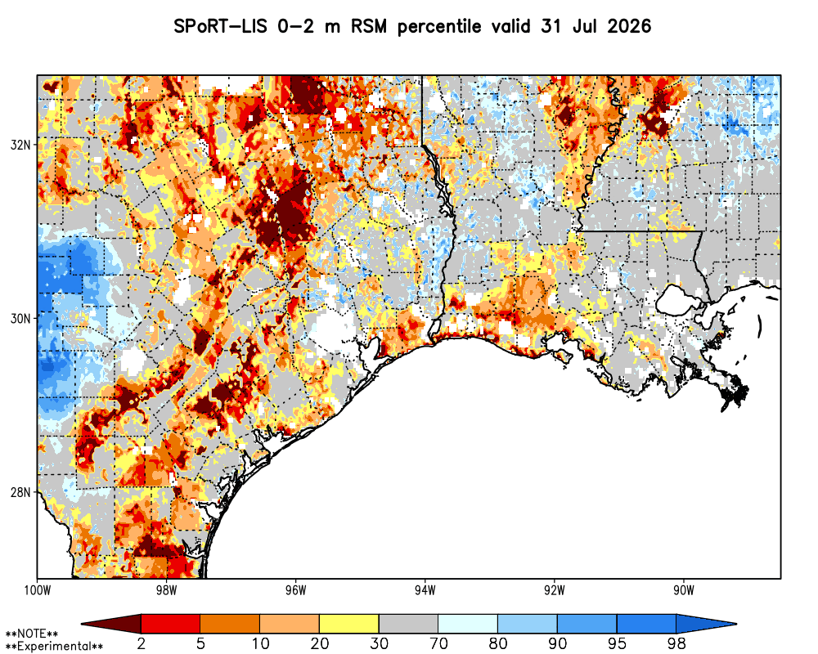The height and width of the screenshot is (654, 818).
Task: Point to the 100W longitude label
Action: pos(37,590)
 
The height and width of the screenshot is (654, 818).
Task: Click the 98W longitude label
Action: pos(166,590)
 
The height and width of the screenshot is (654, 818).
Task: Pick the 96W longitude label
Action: pos(296,590)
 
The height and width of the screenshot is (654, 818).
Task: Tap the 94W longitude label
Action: pos(425,590)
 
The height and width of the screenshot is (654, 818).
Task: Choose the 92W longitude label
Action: pos(555,590)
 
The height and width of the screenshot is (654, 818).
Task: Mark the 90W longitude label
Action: pos(684,590)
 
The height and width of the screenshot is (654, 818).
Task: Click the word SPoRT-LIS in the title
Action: pos(221,26)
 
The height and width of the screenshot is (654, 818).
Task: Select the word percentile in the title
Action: pos(438,27)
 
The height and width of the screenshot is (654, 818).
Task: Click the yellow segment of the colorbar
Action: pos(349,623)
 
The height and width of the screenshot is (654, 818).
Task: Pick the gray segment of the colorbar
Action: pos(408,623)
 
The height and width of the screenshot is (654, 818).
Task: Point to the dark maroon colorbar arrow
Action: pos(111,623)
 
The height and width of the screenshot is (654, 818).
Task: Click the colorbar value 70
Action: pos(438,643)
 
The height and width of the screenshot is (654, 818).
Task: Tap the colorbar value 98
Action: pos(676,643)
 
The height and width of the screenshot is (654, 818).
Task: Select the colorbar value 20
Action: pos(319,643)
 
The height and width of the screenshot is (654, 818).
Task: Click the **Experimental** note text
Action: pos(54,647)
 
